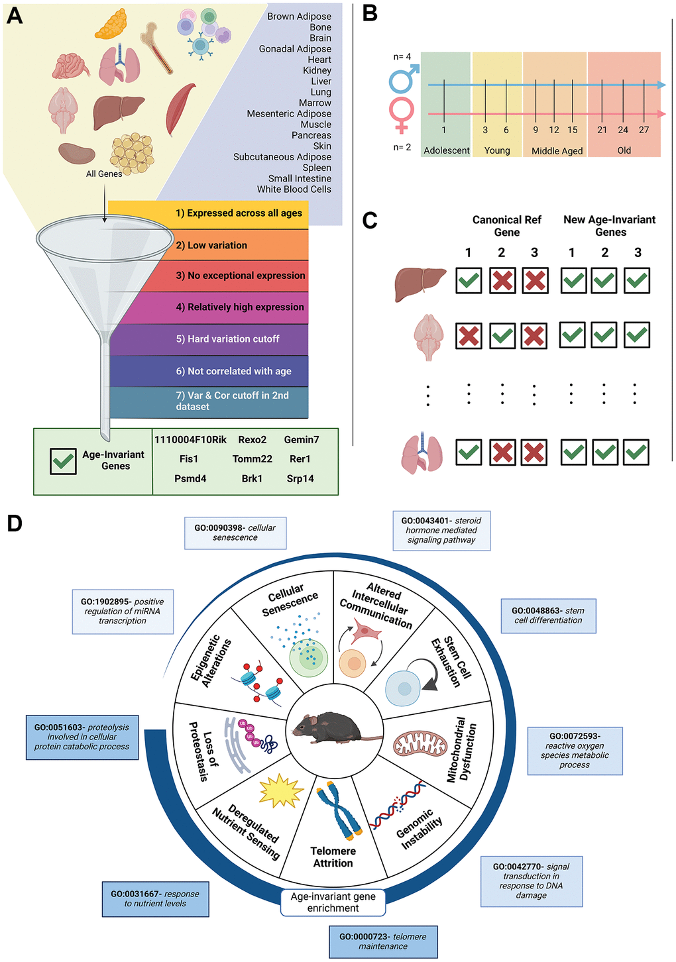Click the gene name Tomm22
(x=253, y=459)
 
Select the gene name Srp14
(x=300, y=479)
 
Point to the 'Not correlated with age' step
(x=233, y=371)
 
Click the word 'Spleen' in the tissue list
(x=317, y=168)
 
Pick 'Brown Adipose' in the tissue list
(x=299, y=17)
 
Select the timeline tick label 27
(x=644, y=130)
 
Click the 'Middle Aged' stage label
(x=557, y=151)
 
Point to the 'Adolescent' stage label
(x=447, y=150)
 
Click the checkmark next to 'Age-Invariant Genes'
(x=63, y=461)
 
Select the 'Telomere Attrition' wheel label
(x=333, y=857)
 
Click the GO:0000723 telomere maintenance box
(x=383, y=941)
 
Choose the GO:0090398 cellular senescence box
(x=235, y=533)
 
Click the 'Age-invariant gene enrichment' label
(x=333, y=902)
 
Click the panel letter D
(x=15, y=523)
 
